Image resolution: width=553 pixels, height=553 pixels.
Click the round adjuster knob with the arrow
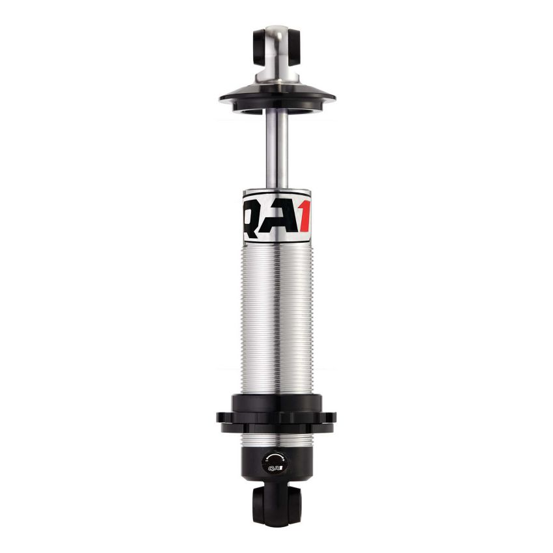coord(274,463)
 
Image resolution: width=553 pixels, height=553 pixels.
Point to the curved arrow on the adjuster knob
coord(274,458)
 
